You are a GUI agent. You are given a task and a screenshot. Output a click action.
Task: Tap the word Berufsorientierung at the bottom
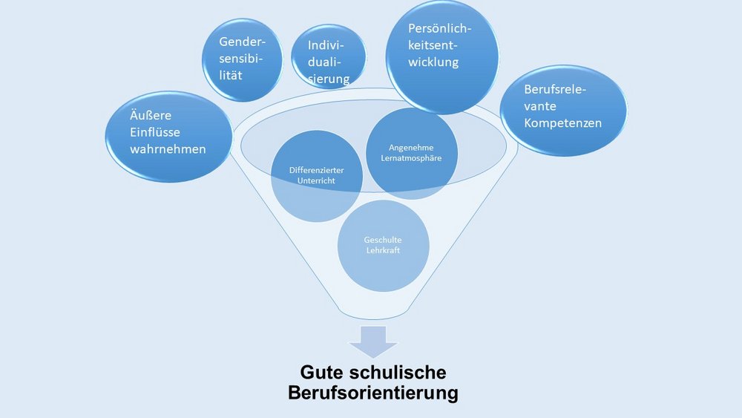(372, 393)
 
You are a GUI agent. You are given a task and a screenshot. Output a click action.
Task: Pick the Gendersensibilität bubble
(243, 59)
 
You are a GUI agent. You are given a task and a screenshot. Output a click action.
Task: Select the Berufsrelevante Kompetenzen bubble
(563, 110)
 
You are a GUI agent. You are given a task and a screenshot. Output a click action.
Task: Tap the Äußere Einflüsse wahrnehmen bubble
(167, 136)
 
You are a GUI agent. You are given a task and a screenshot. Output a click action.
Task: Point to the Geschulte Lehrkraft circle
(382, 245)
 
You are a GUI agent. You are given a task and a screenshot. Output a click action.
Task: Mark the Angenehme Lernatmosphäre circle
(411, 154)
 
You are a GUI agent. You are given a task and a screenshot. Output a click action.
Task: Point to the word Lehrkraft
(382, 252)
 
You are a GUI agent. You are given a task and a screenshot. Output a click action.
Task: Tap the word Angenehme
(411, 148)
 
